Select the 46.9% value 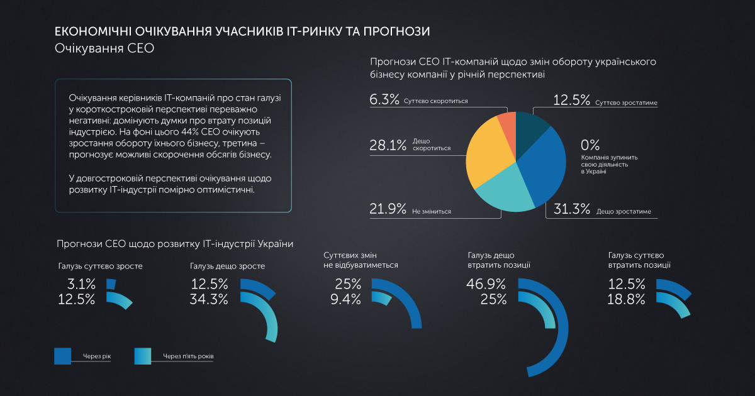486,284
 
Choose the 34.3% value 209,299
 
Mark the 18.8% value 627,299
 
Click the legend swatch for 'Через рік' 63,356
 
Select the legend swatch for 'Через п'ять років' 143,356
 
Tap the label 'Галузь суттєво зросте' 101,266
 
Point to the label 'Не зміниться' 432,212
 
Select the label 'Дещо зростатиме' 624,212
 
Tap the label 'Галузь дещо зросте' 227,266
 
